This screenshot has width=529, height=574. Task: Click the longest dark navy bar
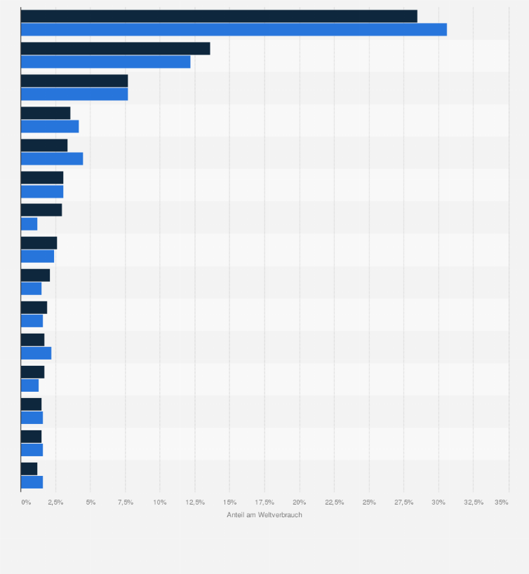[x=219, y=16]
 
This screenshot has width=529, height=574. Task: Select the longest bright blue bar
[x=234, y=29]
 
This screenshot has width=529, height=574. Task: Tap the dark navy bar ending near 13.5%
[x=115, y=48]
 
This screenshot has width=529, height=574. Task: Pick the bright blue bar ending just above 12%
[x=105, y=62]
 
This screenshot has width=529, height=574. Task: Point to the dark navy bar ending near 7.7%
[x=74, y=81]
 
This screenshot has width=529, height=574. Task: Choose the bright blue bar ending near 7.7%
[x=74, y=94]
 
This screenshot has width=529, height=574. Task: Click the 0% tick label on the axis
[x=26, y=503]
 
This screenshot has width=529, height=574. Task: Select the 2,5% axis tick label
[x=55, y=503]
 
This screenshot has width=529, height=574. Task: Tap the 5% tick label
[x=91, y=503]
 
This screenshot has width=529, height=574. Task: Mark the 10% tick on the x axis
[x=159, y=503]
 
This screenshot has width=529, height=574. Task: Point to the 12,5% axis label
[x=194, y=503]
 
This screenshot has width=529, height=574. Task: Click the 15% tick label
[x=229, y=503]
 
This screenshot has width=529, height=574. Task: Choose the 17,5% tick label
[x=264, y=503]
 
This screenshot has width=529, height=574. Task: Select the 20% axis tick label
[x=300, y=503]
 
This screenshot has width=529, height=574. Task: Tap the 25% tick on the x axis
[x=369, y=503]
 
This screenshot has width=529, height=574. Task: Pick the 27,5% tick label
[x=403, y=503]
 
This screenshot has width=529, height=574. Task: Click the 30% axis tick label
[x=438, y=503]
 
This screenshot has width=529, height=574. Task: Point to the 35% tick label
[x=501, y=503]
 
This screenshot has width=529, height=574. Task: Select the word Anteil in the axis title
[x=236, y=515]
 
